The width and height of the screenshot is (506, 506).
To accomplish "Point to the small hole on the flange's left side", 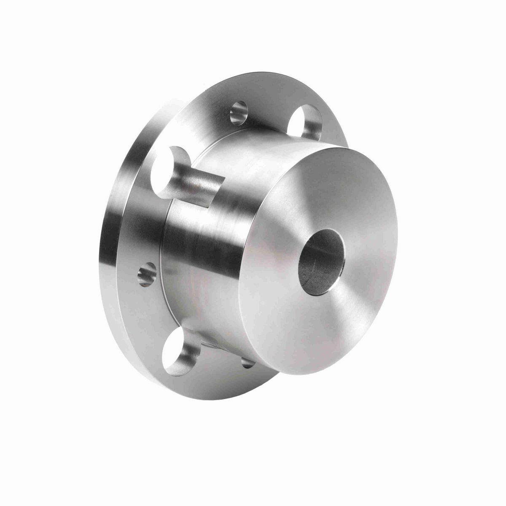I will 147,273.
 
